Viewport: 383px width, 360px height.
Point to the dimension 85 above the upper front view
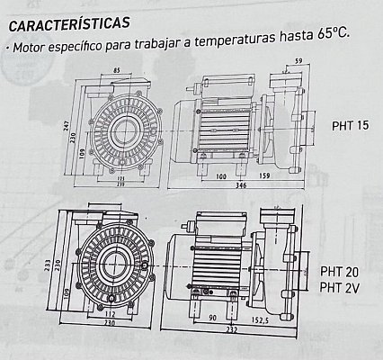[119, 69]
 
